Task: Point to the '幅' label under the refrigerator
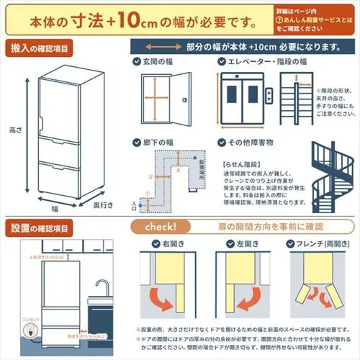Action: [x=54, y=207]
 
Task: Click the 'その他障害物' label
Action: [x=253, y=143]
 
